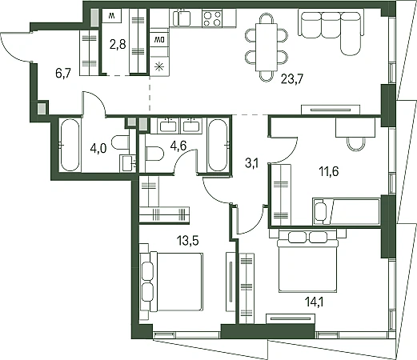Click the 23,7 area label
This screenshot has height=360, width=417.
coord(292,79)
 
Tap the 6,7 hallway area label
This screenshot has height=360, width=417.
coord(63,73)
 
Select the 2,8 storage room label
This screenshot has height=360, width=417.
coord(118,44)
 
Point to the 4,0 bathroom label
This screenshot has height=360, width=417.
coord(98,148)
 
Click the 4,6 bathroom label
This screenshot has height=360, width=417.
coord(178,146)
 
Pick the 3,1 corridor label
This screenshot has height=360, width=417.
coord(251,163)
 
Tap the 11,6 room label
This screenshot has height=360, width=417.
coord(329,171)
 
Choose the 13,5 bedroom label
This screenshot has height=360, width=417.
coord(188,240)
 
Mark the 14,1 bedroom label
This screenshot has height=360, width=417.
coord(314,302)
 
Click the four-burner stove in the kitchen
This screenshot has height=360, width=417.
coord(212,18)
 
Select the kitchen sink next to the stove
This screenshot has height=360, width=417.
coord(182,18)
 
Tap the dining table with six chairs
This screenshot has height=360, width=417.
coord(267,47)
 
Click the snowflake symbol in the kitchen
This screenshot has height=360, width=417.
coord(159,66)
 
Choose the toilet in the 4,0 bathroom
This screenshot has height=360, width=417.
coord(120,142)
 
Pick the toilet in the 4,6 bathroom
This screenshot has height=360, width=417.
coord(154,154)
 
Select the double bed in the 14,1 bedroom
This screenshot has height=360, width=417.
coord(307,262)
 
